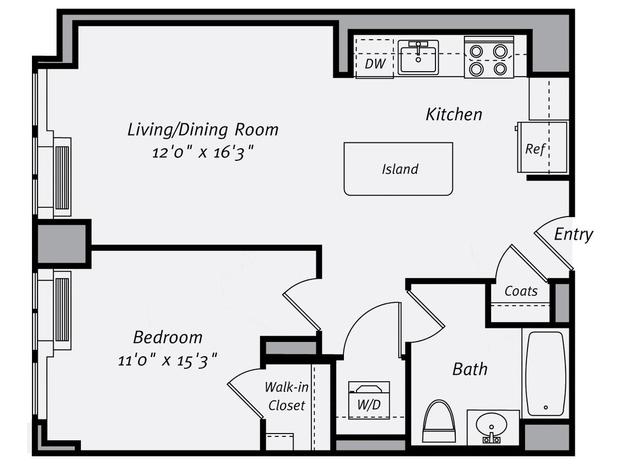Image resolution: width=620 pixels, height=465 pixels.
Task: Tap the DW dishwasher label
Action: pos(375,63)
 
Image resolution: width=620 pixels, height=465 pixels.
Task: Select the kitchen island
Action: pos(398,169)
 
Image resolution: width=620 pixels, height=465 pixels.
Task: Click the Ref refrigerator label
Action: pos(535,148)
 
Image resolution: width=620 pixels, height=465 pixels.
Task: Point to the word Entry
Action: pos(573,234)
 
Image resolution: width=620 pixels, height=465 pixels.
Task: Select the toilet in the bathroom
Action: pos(439,421)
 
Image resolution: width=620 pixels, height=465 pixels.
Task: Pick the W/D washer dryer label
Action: pos(369,404)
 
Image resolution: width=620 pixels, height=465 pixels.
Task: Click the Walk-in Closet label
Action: pos(285,396)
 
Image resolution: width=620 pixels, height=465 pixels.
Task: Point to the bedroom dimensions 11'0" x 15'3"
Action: pos(168,361)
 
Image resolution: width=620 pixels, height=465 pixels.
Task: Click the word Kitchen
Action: pos(454,114)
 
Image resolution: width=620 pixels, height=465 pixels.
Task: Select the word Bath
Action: pos(470,369)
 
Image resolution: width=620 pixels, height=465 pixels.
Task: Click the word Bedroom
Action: pos(168,337)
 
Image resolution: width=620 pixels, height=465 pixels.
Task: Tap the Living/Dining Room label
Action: pos(203,129)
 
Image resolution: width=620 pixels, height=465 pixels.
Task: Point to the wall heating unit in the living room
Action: pos(62,177)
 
